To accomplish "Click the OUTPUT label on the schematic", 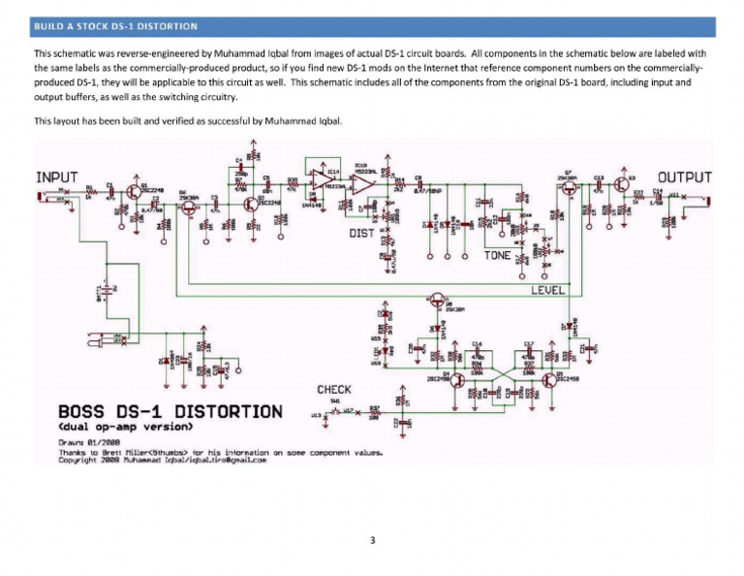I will coord(684,177).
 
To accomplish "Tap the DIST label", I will coord(361,233).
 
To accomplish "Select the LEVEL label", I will coord(548,290).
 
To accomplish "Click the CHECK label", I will coord(334,390).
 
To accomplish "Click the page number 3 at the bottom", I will coord(372,540).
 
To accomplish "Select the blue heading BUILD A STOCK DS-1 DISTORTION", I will coord(115,25).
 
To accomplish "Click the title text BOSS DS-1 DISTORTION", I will coord(170,411).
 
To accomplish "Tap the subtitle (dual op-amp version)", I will coord(127,427).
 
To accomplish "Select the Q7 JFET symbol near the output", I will coord(569,190).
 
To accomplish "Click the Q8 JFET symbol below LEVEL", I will coord(442,303).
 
